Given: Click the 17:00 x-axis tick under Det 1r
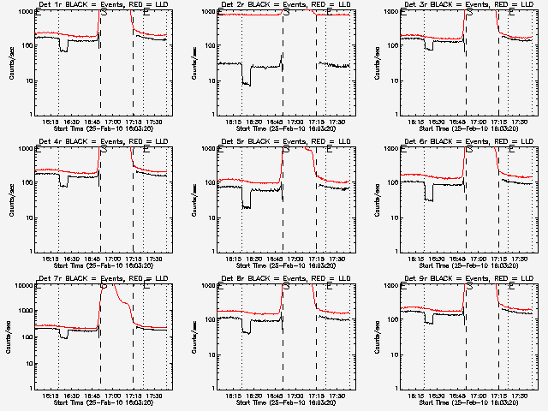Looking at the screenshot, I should point(111,121).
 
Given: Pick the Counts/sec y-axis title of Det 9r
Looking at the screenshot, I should point(375,337).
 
